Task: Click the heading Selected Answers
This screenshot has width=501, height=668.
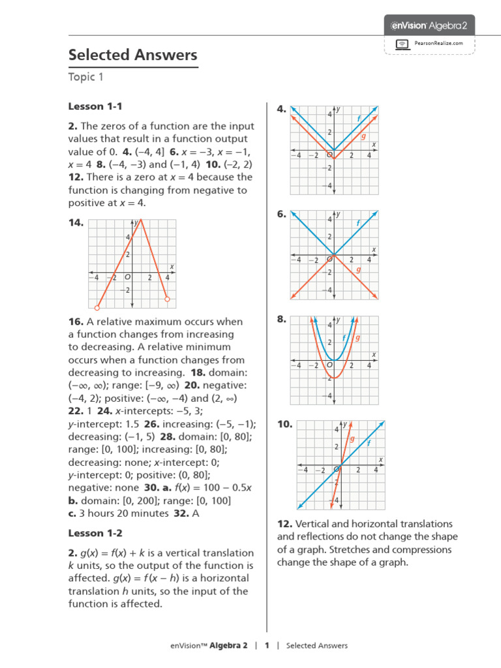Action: click(x=132, y=55)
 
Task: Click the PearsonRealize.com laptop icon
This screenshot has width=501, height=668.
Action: click(x=403, y=44)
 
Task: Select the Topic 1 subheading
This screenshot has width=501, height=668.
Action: click(x=86, y=78)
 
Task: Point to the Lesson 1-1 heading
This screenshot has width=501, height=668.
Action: click(x=95, y=106)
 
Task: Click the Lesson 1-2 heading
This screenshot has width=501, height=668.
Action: click(x=95, y=533)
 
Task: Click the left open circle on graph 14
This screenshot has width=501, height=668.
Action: click(x=97, y=307)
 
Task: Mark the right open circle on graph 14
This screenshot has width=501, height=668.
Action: click(x=167, y=299)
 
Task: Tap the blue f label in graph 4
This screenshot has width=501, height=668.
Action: click(x=358, y=118)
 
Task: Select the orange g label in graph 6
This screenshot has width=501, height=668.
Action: click(x=358, y=269)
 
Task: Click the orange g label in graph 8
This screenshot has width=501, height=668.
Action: click(x=357, y=338)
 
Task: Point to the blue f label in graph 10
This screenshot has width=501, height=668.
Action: click(x=369, y=442)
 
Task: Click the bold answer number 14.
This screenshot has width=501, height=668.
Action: click(x=76, y=222)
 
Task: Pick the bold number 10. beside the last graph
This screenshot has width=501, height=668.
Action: click(x=284, y=424)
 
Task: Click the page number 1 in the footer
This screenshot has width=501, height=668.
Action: click(x=266, y=646)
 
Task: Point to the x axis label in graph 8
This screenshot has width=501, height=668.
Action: click(x=374, y=355)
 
